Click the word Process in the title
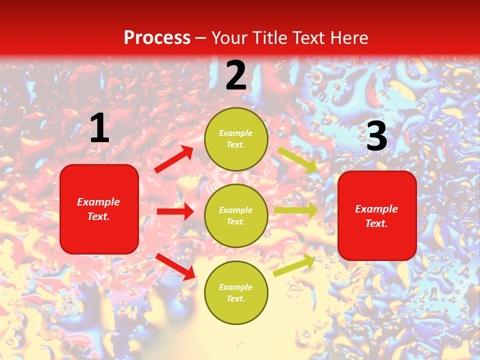point(157,38)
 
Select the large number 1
point(99,128)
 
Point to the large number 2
point(236,76)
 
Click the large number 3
point(376,136)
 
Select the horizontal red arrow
point(175,211)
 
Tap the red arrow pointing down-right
point(175,266)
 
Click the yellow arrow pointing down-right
point(297,159)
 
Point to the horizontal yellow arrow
point(295,210)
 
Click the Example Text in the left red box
point(98,209)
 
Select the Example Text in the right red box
point(376,216)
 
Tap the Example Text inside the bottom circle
point(236,293)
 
